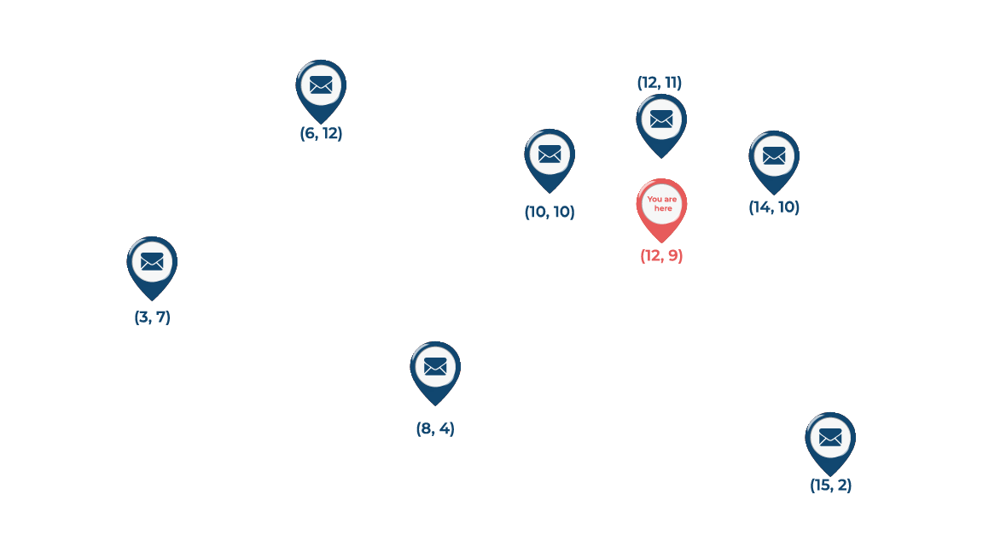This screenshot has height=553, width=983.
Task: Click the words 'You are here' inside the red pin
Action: point(662,204)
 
